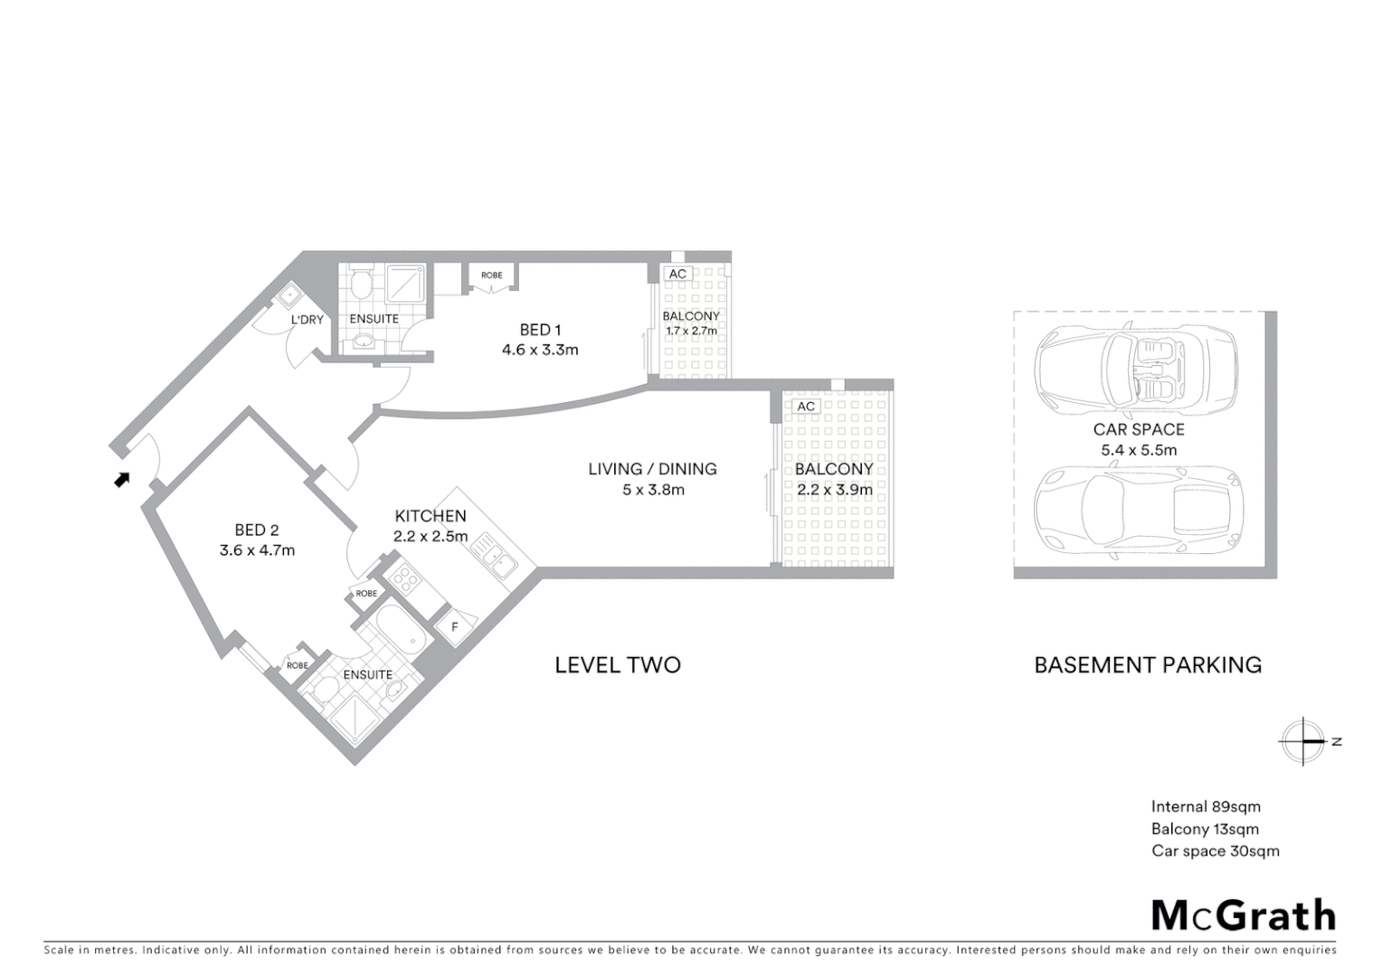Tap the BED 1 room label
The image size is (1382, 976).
pyautogui.click(x=540, y=330)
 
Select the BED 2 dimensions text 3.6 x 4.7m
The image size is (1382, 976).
pyautogui.click(x=257, y=549)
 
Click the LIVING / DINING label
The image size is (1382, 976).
pyautogui.click(x=652, y=469)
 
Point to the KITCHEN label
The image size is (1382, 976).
pyautogui.click(x=431, y=516)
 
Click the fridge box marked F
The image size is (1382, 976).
pyautogui.click(x=455, y=626)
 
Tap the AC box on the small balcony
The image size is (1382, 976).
pyautogui.click(x=677, y=274)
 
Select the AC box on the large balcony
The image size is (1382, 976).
pyautogui.click(x=806, y=407)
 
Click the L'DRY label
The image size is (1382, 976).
pyautogui.click(x=307, y=320)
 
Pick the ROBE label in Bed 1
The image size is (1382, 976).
pyautogui.click(x=491, y=276)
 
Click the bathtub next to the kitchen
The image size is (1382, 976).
pyautogui.click(x=401, y=631)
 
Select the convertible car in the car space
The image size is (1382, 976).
pyautogui.click(x=1137, y=369)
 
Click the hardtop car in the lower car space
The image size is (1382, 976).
pyautogui.click(x=1139, y=511)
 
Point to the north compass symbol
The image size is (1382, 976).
pyautogui.click(x=1303, y=741)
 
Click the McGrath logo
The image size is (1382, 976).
pyautogui.click(x=1243, y=915)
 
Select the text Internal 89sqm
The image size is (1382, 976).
pyautogui.click(x=1205, y=807)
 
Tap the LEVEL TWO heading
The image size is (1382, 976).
pyautogui.click(x=617, y=665)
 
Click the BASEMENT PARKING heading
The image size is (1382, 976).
pyautogui.click(x=1147, y=665)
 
